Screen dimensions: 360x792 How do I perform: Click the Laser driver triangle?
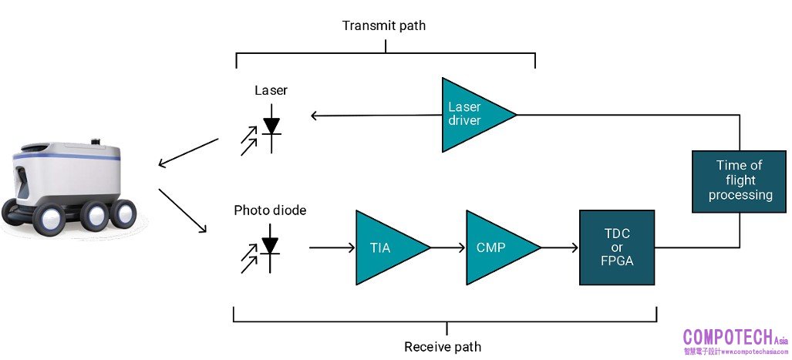tap(470, 115)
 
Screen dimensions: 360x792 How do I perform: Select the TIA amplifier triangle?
tap(385, 247)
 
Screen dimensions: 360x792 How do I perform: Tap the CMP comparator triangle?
tap(495, 247)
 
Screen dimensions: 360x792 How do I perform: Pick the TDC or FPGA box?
tap(616, 247)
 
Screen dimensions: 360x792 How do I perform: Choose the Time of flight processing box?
tap(740, 181)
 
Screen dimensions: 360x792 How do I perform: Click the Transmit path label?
tap(383, 25)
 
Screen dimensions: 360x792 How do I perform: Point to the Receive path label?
tap(443, 346)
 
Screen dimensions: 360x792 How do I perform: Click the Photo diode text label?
tap(270, 210)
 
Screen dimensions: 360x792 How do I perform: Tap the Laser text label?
tap(271, 90)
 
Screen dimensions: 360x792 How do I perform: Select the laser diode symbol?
tap(269, 126)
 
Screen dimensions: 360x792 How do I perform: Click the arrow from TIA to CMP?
tap(447, 247)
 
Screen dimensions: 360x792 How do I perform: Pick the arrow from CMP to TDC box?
tap(560, 247)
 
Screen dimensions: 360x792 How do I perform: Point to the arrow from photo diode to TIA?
tap(332, 247)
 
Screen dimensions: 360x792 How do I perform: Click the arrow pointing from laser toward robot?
tap(188, 152)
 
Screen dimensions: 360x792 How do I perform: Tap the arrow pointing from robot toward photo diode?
tap(183, 210)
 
